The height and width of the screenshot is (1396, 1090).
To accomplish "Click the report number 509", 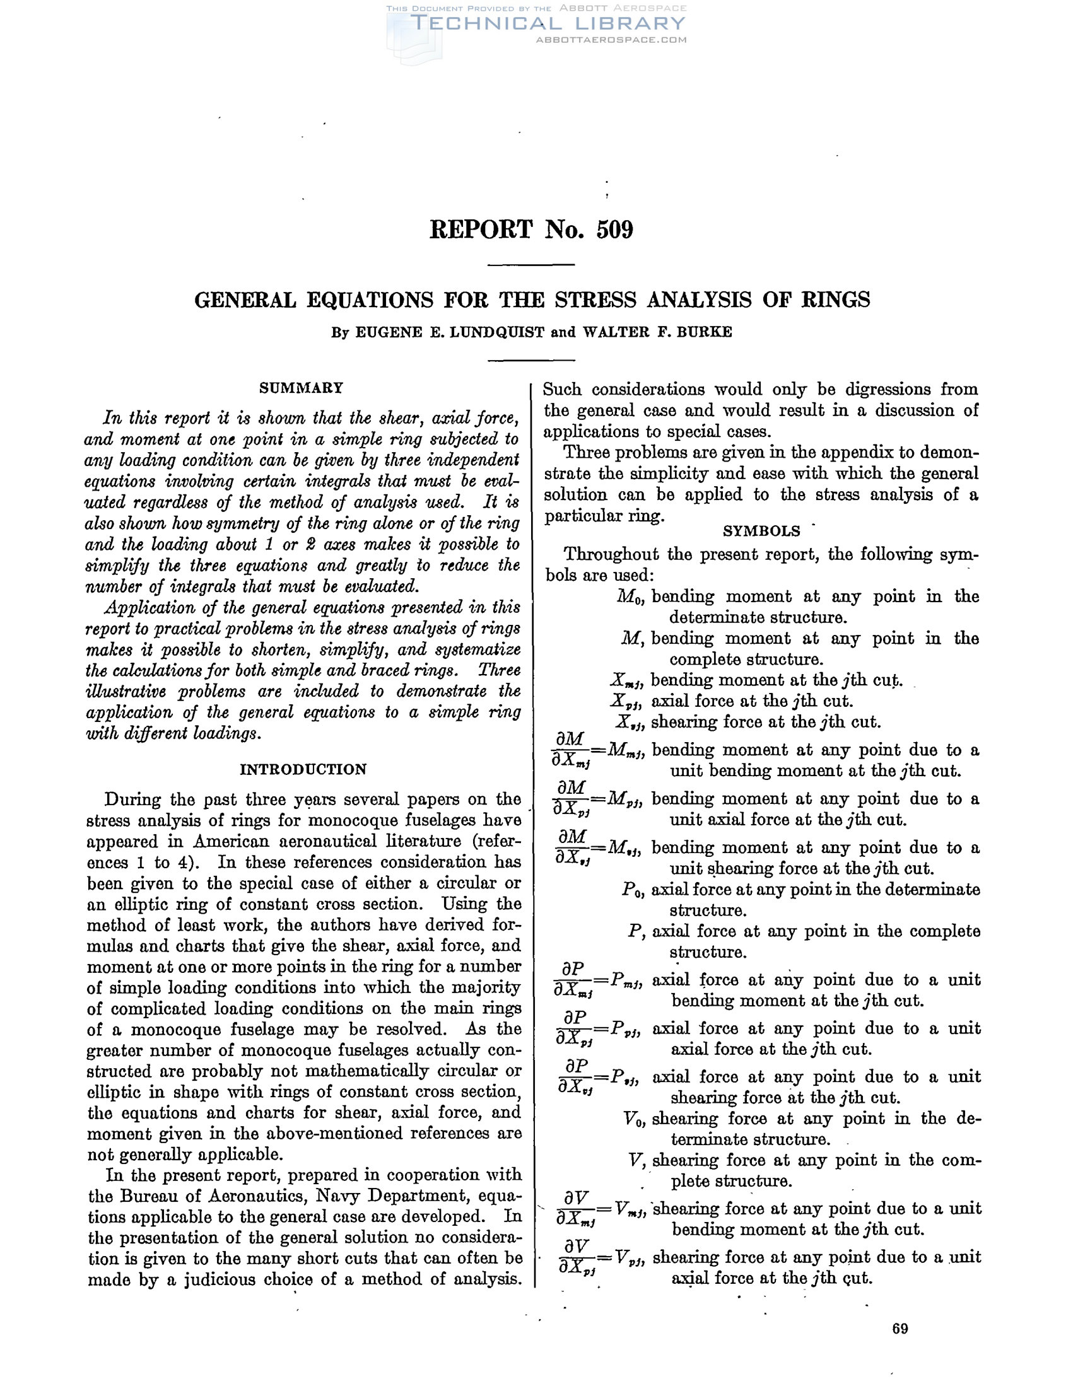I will tap(614, 230).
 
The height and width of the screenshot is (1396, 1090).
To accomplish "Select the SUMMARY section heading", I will tap(301, 388).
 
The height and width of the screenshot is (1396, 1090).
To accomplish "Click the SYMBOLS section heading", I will tap(761, 531).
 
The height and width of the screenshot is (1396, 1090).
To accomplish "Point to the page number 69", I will tap(900, 1329).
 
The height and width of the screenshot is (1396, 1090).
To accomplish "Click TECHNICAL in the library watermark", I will tap(485, 24).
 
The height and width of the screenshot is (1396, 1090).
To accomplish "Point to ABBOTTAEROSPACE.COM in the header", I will tap(611, 40).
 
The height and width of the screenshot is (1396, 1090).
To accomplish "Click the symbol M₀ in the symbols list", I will tap(631, 597).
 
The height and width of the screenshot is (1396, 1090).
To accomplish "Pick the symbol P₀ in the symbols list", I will tap(634, 890).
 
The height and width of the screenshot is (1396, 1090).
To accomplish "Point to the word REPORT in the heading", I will tap(481, 230).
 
